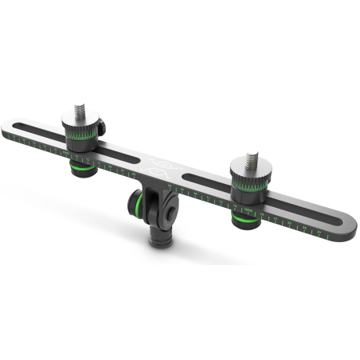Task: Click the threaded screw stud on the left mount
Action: tap(80, 110)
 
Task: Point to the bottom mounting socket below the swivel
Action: tap(162, 237)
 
